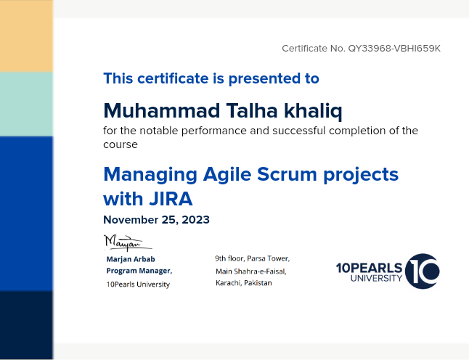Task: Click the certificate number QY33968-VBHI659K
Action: pos(394,49)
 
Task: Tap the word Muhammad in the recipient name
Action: pos(162,110)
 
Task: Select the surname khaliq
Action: pos(313,111)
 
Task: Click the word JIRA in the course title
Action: pos(171,199)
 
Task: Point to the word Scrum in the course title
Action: pos(287,174)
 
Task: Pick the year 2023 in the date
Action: pos(195,220)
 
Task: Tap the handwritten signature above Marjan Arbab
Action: pos(128,242)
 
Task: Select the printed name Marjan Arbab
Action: pos(131,259)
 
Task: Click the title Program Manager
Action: pos(139,271)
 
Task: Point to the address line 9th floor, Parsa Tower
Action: pos(253,258)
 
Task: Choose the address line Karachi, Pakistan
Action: pos(244,283)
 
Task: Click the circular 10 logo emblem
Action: pos(423,271)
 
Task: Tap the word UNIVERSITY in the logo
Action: pos(376,279)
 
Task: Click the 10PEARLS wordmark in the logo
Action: pos(369,268)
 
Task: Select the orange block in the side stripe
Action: pos(26,36)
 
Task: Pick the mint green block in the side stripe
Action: pos(26,104)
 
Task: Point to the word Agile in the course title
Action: pos(227,175)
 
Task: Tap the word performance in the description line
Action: pos(214,131)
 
